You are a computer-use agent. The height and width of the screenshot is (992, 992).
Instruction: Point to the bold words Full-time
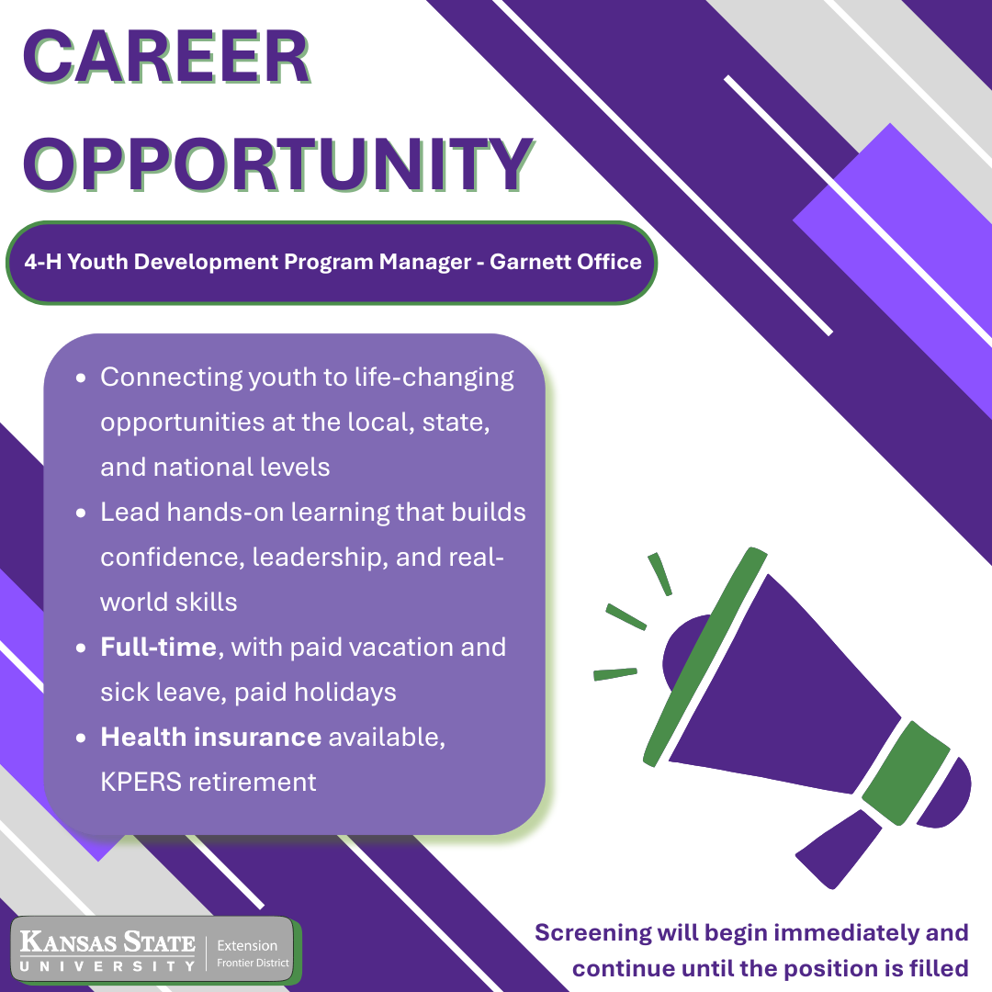158,647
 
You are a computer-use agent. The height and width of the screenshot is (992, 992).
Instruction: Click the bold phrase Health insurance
210,737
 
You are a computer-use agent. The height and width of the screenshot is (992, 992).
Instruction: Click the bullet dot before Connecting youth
82,378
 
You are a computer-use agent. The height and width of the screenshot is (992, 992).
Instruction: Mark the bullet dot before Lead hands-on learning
82,513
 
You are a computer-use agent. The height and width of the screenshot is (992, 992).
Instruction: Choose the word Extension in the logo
247,945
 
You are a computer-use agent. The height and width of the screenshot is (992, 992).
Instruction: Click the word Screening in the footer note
593,934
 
